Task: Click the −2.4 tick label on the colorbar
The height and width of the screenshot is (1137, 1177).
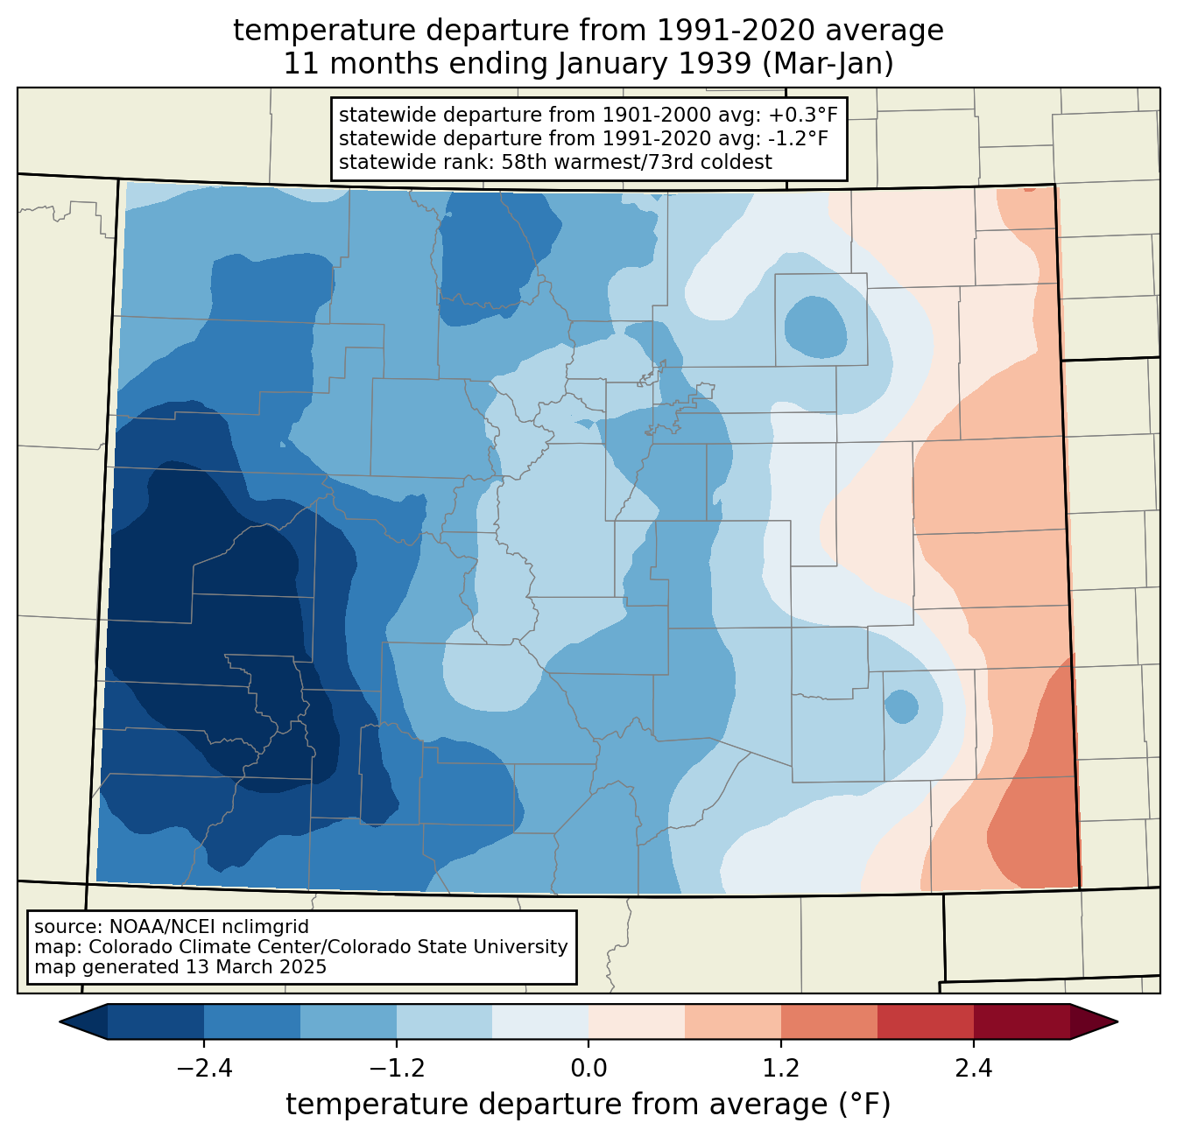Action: pos(204,1069)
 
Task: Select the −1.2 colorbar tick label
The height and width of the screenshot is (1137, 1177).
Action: pos(397,1069)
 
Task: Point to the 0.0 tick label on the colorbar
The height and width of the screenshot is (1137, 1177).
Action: pos(588,1069)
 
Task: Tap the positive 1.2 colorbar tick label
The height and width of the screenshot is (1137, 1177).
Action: pos(781,1069)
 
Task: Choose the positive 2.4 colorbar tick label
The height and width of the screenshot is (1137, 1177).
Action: pos(974,1069)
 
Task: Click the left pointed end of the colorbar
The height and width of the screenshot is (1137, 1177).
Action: pos(60,1021)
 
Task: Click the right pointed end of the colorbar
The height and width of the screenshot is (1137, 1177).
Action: pos(1117,1021)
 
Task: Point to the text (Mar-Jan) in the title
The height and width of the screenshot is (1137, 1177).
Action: pos(828,64)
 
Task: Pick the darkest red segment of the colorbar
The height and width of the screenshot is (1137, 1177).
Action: pos(1022,1021)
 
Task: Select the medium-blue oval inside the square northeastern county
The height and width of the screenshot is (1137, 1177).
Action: pos(815,326)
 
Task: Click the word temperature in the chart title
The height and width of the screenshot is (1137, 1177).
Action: pos(325,31)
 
